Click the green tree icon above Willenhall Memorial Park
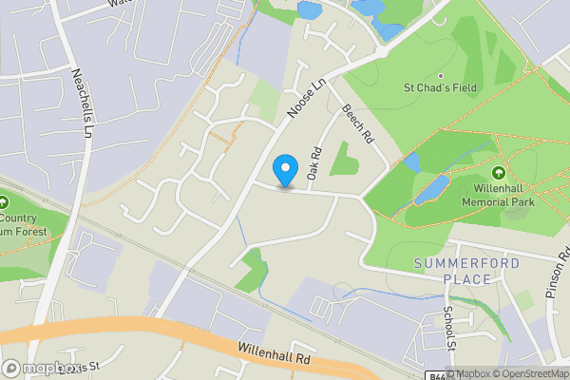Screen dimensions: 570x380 (x=499, y=173)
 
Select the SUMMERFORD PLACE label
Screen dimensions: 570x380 (x=453, y=270)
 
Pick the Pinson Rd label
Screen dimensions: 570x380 (x=556, y=271)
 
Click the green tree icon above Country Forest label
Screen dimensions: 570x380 (x=4, y=203)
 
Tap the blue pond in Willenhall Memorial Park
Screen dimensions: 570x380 (x=430, y=189)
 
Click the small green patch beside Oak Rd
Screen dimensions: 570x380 (x=343, y=163)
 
